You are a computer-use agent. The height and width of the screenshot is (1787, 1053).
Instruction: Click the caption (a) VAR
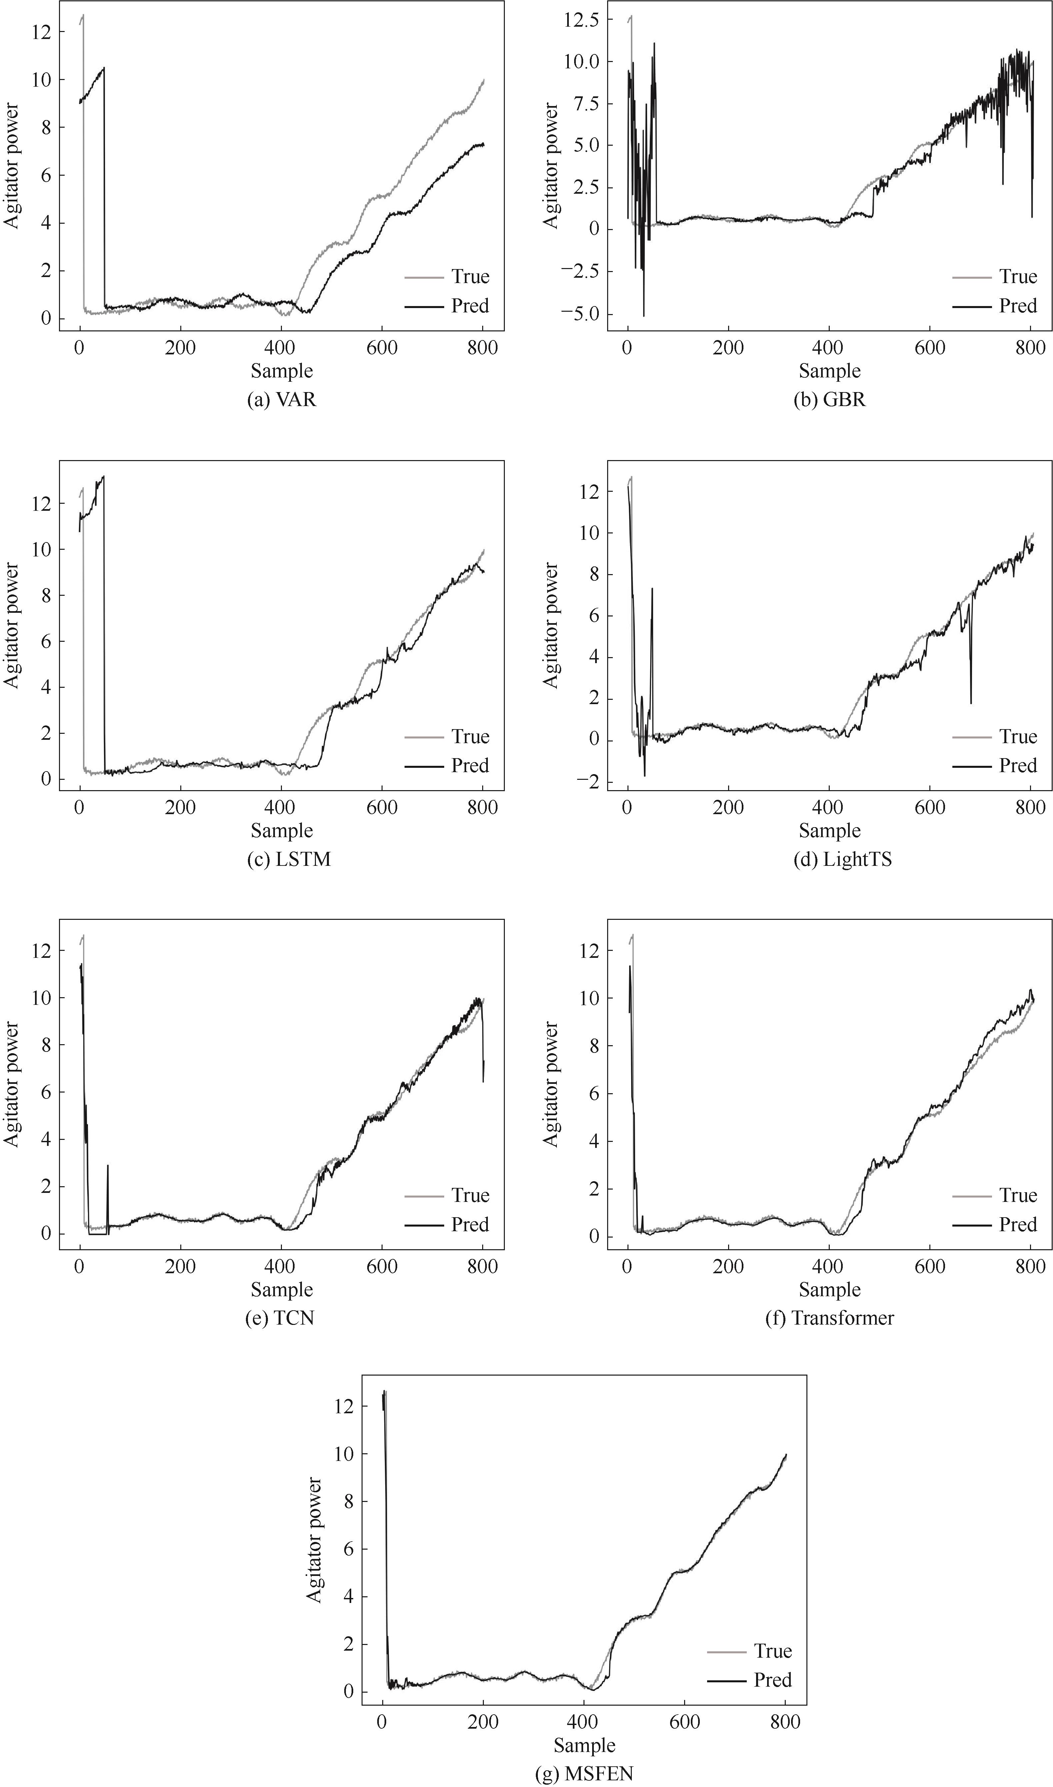pyautogui.click(x=282, y=399)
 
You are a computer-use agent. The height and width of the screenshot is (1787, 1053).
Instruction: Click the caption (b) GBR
pyautogui.click(x=829, y=399)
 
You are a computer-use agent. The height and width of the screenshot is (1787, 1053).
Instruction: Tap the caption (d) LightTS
pyautogui.click(x=842, y=859)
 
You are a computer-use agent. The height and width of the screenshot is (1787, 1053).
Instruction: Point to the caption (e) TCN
pyautogui.click(x=279, y=1318)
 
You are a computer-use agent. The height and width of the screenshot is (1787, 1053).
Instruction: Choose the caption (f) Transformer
pyautogui.click(x=829, y=1318)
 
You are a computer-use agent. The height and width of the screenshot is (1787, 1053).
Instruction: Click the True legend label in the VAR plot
pyautogui.click(x=470, y=277)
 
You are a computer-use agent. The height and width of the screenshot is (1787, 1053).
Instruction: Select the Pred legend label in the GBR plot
pyautogui.click(x=1018, y=306)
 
